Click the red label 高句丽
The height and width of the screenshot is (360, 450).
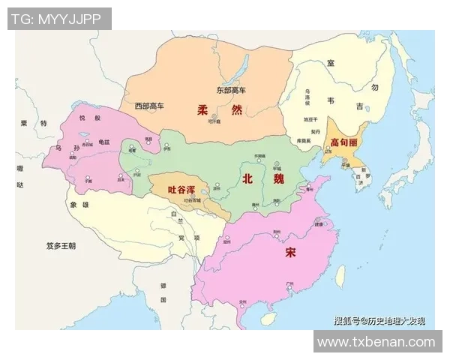(343, 141)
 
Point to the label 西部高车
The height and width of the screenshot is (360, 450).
(149, 106)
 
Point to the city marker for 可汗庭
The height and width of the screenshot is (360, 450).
(214, 115)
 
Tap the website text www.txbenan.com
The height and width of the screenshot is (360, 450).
(376, 341)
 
